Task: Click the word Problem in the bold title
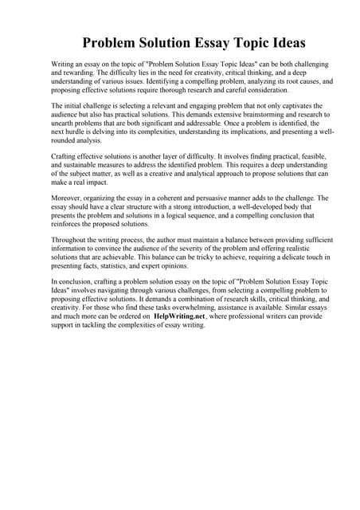[x=115, y=42]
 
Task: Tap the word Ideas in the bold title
[x=282, y=42]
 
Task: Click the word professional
[x=258, y=316]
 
